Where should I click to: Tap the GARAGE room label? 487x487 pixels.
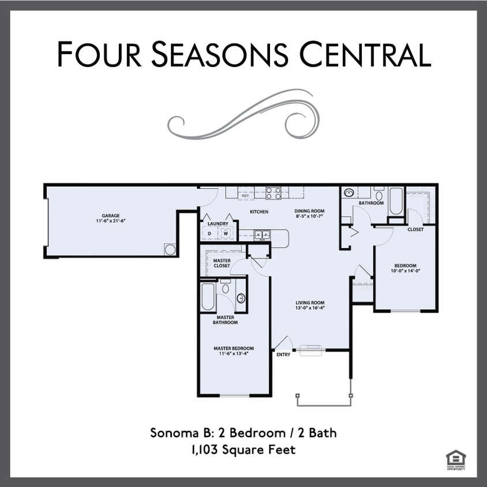click(x=111, y=216)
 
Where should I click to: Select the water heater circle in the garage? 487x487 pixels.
click(x=170, y=249)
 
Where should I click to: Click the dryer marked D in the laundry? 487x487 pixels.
click(x=209, y=234)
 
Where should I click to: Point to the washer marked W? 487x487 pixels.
click(x=226, y=234)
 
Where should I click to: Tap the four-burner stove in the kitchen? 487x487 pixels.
click(x=274, y=193)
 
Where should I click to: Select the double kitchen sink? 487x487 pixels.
click(x=261, y=235)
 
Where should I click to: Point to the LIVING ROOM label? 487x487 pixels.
click(x=310, y=303)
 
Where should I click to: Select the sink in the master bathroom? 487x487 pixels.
click(x=241, y=298)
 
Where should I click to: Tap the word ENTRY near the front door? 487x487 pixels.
click(x=283, y=355)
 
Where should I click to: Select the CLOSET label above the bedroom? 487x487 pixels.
click(x=415, y=229)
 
